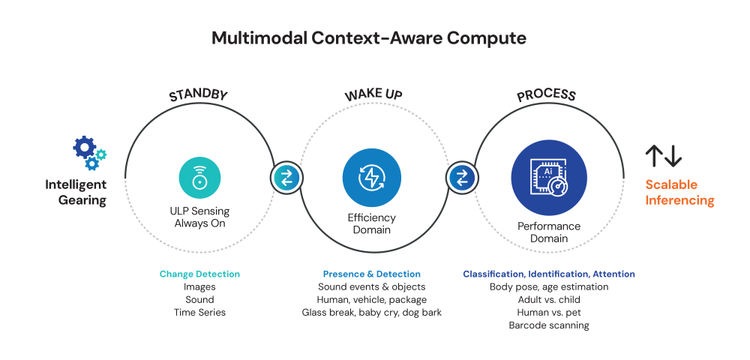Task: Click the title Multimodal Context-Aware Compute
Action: pyautogui.click(x=369, y=38)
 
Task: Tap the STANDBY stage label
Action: pyautogui.click(x=198, y=94)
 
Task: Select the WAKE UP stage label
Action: pyautogui.click(x=373, y=94)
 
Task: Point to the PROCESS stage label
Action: pyautogui.click(x=546, y=94)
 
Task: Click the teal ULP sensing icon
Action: pyautogui.click(x=199, y=178)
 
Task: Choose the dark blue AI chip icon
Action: pyautogui.click(x=549, y=178)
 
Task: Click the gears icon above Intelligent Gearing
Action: pyautogui.click(x=89, y=152)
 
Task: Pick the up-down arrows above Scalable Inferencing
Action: pyautogui.click(x=664, y=156)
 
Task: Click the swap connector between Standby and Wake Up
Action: pyautogui.click(x=286, y=178)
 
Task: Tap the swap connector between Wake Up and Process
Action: pyautogui.click(x=462, y=178)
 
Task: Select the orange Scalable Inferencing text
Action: pyautogui.click(x=679, y=192)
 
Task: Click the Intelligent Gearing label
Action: pyautogui.click(x=76, y=192)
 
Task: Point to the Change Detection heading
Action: pyautogui.click(x=199, y=274)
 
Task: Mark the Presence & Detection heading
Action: pyautogui.click(x=372, y=274)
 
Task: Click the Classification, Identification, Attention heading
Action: pyautogui.click(x=549, y=274)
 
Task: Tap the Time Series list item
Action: pyautogui.click(x=199, y=313)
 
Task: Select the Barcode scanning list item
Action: pyautogui.click(x=549, y=325)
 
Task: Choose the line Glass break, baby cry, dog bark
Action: pyautogui.click(x=372, y=313)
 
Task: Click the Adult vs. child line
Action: pyautogui.click(x=549, y=300)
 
